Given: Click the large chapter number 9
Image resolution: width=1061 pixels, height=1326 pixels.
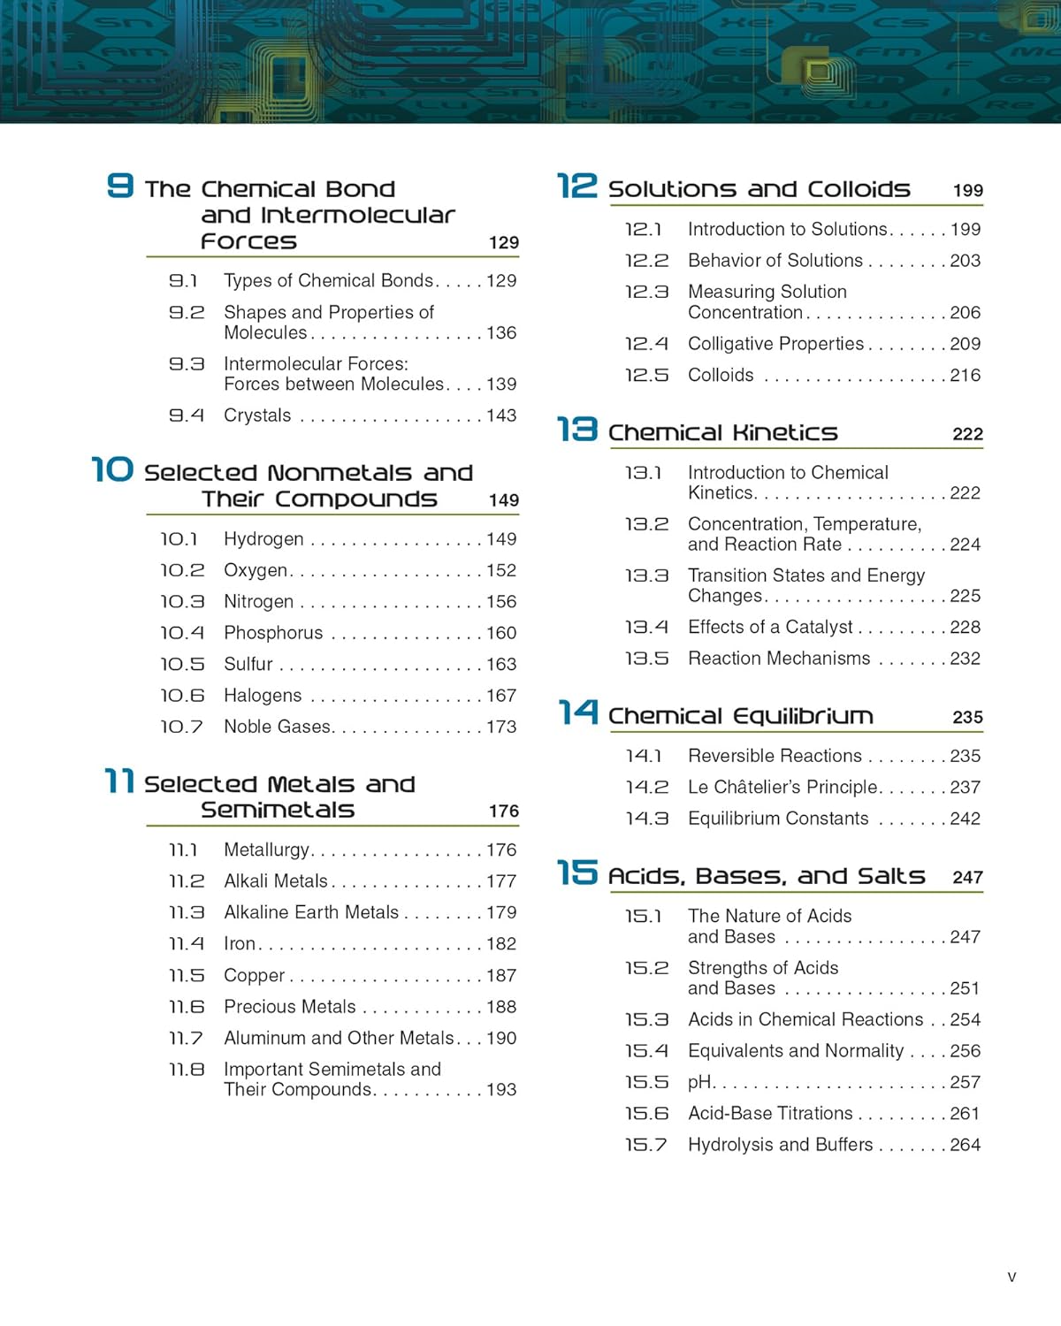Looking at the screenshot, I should tap(119, 186).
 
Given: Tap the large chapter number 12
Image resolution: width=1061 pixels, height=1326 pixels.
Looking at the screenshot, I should tap(577, 187).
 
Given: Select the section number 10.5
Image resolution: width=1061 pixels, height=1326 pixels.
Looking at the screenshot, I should tap(182, 664).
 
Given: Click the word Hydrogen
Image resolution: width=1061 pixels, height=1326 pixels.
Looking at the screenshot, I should tap(263, 539).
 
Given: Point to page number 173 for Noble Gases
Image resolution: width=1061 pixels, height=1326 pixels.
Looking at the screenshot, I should tap(501, 727).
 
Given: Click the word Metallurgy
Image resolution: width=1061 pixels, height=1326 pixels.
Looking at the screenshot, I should tap(266, 850).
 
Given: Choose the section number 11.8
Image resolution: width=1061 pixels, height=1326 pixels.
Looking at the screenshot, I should tap(187, 1070).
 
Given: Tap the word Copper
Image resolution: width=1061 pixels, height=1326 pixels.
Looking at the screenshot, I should tap(254, 976).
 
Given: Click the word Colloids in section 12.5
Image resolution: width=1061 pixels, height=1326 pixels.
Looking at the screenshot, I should tap(721, 375).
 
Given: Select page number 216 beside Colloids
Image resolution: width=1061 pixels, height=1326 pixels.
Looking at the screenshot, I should tap(965, 375).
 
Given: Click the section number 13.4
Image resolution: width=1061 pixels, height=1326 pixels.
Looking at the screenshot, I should tap(646, 627).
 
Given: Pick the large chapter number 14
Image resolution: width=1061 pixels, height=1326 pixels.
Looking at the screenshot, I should tap(577, 713).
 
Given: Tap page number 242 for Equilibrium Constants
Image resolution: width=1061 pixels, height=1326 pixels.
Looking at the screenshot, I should tap(965, 819).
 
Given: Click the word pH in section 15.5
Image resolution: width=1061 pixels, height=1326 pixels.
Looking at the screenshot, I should tap(699, 1083).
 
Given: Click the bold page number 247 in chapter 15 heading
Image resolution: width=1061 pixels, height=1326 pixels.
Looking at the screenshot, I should tap(967, 878).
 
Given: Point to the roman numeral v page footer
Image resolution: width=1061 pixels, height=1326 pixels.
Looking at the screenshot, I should tap(1011, 1277).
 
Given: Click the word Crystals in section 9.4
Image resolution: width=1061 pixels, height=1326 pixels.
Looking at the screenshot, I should tap(257, 415).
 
